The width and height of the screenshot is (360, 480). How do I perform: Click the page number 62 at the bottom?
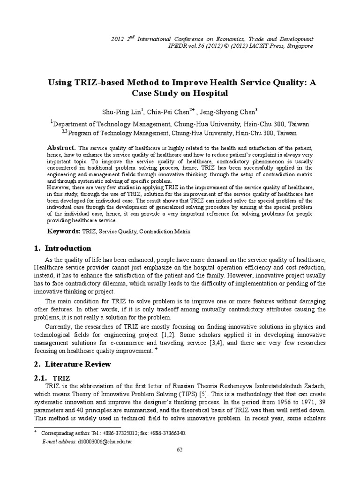(x=180, y=450)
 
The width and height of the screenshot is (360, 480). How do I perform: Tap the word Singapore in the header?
(x=299, y=46)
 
